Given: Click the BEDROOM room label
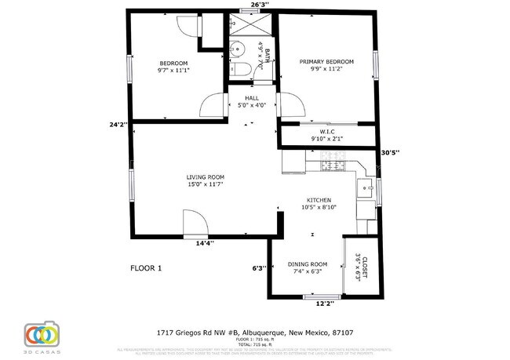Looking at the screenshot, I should click(x=173, y=64).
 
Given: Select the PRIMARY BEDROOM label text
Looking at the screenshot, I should click(x=326, y=61).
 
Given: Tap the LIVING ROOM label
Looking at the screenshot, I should click(x=206, y=177).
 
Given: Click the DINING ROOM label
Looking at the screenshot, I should click(x=308, y=264).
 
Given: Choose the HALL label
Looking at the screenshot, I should click(x=252, y=98).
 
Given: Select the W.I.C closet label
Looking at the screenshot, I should click(x=327, y=132).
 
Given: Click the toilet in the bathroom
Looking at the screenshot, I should click(x=241, y=71).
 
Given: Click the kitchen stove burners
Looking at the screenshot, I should click(x=333, y=165).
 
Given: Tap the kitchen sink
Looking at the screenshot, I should click(x=366, y=188).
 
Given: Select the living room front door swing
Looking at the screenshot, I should click(x=194, y=224).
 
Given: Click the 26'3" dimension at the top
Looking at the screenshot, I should click(x=260, y=5).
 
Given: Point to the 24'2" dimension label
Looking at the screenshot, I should click(x=118, y=124).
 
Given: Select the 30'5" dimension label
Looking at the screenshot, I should click(x=390, y=152).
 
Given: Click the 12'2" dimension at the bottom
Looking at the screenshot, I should click(x=325, y=303).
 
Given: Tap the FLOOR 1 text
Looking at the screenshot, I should click(x=145, y=268).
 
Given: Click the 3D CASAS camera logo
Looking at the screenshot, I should click(x=42, y=333).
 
